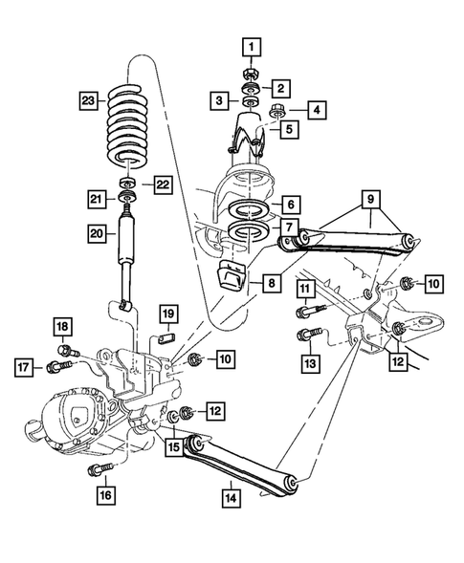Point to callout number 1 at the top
click(x=250, y=45)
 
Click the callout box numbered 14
click(x=230, y=496)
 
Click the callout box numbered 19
click(x=167, y=314)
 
